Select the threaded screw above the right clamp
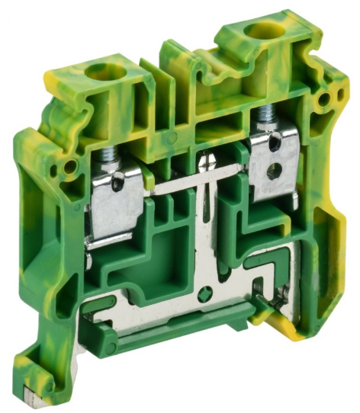267,116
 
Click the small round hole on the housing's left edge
71,165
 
